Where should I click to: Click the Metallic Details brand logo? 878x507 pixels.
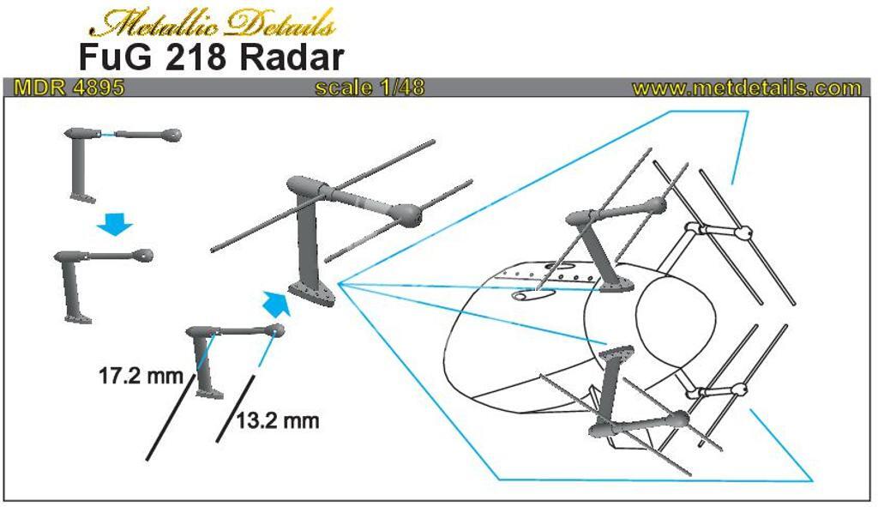point(213,23)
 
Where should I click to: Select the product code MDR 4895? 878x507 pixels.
point(69,88)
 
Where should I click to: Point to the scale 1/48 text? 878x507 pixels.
point(370,88)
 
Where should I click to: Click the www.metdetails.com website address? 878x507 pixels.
point(747,88)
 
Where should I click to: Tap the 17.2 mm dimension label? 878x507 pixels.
point(141,376)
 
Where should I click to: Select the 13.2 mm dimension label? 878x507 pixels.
point(278,419)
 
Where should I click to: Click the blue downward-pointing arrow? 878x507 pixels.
point(115,225)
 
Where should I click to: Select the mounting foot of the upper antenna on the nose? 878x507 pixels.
point(616,285)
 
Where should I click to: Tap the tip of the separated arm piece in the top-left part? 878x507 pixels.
point(171,135)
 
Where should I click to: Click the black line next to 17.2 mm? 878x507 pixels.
point(171,418)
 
